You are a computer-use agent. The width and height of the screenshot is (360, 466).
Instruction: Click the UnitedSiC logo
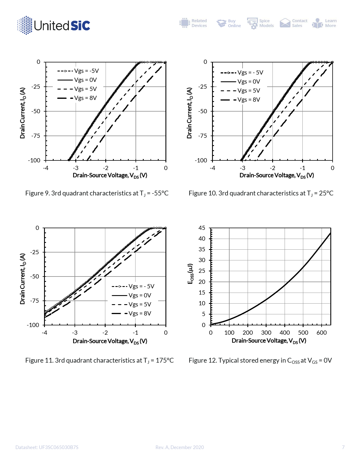point(54,25)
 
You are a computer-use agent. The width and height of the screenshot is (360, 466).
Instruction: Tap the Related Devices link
point(193,23)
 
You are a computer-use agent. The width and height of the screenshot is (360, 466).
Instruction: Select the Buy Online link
point(229,23)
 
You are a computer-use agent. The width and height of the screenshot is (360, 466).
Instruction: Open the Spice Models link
point(261,23)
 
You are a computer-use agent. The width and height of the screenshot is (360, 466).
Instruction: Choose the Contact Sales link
point(294,23)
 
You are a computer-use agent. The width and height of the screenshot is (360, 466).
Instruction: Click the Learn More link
point(325,23)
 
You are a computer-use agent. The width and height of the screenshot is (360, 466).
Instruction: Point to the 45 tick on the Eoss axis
point(202,228)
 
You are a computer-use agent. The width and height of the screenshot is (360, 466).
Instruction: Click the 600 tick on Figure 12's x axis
point(322,333)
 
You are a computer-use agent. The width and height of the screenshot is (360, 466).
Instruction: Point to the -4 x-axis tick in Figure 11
point(45,333)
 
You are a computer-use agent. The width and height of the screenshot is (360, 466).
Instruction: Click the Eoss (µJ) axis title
point(191,274)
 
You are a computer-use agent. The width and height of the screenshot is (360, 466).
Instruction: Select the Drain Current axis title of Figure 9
point(23,113)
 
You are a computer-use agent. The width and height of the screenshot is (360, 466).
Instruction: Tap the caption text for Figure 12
point(260,361)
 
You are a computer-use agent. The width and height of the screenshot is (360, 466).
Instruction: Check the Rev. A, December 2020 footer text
point(180,447)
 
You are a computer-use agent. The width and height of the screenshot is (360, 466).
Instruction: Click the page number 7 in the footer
point(343,447)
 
